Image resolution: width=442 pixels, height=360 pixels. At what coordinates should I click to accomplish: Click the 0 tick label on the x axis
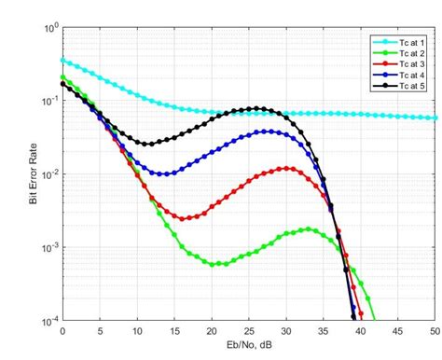[x=62, y=332]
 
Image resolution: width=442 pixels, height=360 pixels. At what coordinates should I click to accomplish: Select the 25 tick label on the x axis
[x=249, y=332]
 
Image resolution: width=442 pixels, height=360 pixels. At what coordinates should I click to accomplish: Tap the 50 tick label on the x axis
[x=435, y=332]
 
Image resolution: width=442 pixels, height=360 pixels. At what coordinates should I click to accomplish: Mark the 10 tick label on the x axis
[x=137, y=332]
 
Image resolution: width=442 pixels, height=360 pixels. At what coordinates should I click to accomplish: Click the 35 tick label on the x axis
[x=324, y=332]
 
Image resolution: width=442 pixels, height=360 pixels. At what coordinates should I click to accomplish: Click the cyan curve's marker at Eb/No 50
[x=435, y=118]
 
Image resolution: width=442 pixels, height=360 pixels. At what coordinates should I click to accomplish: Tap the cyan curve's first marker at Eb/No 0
[x=62, y=60]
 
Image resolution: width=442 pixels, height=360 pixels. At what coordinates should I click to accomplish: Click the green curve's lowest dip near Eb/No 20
[x=213, y=264]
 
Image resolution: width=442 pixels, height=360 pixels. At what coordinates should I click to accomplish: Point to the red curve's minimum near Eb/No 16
[x=183, y=218]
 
